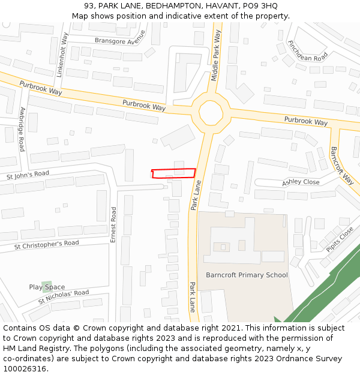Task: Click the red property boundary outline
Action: tap(173, 173)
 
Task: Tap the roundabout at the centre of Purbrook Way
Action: tap(211, 112)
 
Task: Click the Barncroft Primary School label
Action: tap(247, 275)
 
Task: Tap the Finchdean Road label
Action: tap(308, 50)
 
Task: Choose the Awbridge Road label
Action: tap(22, 128)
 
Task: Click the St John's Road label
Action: tap(28, 175)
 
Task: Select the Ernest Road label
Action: tap(113, 224)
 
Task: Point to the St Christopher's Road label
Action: tap(46, 245)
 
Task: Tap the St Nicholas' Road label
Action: tap(63, 296)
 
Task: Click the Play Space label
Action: tap(47, 287)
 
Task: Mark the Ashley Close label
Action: tap(301, 181)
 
